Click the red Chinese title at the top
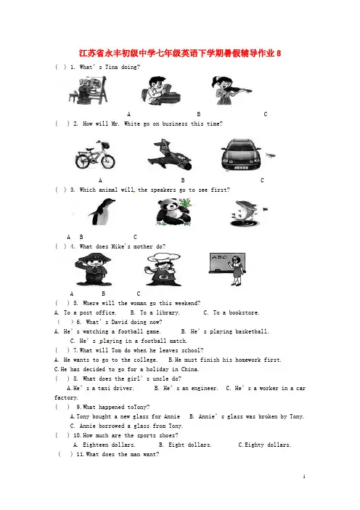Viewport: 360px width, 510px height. pyautogui.click(x=180, y=53)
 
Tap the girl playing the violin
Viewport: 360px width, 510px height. pyautogui.click(x=230, y=90)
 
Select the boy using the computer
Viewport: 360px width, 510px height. pyautogui.click(x=160, y=91)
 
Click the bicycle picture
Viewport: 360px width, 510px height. pyautogui.click(x=95, y=155)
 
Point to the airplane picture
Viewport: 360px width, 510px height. pyautogui.click(x=169, y=155)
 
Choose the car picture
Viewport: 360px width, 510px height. pyautogui.click(x=241, y=155)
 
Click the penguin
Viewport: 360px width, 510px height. pyautogui.click(x=102, y=211)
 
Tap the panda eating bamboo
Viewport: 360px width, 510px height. pyautogui.click(x=173, y=212)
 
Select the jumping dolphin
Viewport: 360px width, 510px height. pyautogui.click(x=246, y=214)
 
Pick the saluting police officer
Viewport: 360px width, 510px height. pyautogui.click(x=93, y=270)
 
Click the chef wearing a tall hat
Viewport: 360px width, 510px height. pyautogui.click(x=163, y=270)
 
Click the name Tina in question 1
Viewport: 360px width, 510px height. pyautogui.click(x=111, y=67)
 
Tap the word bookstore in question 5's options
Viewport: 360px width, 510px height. pyautogui.click(x=244, y=312)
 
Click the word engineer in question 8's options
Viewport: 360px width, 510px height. pyautogui.click(x=205, y=389)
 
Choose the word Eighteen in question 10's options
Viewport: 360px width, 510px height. pyautogui.click(x=96, y=445)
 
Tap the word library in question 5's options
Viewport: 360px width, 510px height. pyautogui.click(x=168, y=312)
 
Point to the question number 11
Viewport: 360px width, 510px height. pyautogui.click(x=80, y=454)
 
